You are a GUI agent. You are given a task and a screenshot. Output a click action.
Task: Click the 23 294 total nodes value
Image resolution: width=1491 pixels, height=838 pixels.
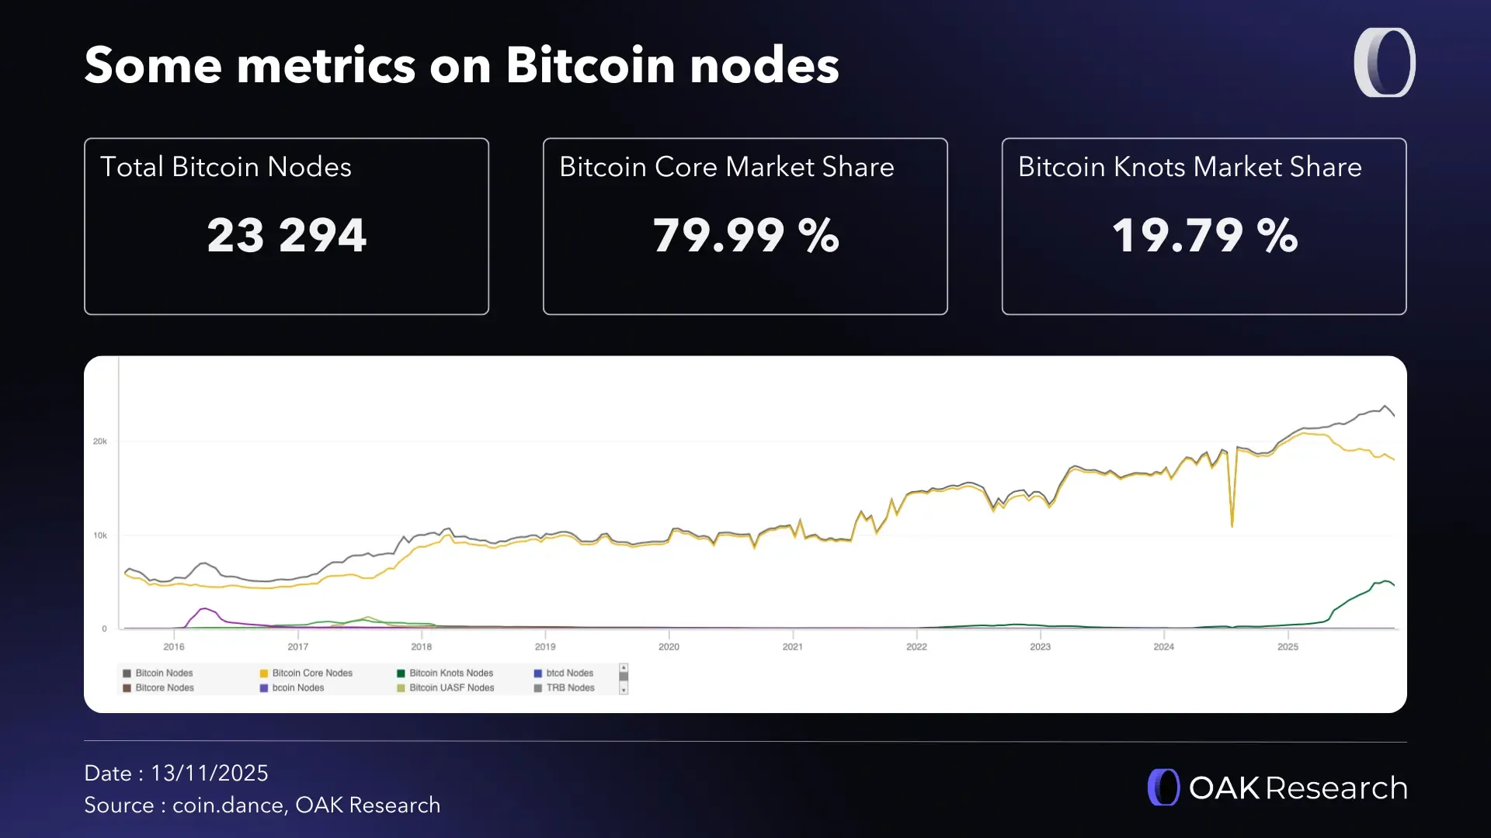(287, 235)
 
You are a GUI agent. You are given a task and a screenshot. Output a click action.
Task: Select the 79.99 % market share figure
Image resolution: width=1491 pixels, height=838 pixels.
(745, 235)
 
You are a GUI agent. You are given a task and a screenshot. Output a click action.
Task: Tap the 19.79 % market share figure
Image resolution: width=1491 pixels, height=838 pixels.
(1204, 235)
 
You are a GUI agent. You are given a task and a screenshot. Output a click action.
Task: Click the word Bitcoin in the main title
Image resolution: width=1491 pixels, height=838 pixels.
(590, 65)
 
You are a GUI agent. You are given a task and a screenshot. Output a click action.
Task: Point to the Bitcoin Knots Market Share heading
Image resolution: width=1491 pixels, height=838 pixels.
(1190, 167)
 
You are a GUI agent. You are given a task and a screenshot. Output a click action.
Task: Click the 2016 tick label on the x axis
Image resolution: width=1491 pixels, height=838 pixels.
(174, 646)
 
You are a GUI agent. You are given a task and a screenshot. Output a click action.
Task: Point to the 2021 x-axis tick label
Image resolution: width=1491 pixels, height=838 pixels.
(792, 646)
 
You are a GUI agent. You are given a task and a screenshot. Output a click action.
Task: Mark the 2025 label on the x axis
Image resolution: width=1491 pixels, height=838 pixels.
(1288, 646)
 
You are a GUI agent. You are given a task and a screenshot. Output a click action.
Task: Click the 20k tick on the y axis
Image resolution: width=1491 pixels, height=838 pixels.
(100, 442)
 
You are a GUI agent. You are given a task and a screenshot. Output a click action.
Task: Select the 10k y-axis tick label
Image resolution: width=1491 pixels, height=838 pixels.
(100, 535)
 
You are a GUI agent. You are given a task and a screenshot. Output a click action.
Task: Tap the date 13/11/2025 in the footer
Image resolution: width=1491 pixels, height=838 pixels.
(210, 773)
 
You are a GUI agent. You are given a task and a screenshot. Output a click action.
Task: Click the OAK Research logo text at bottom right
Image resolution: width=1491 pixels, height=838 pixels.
(1298, 788)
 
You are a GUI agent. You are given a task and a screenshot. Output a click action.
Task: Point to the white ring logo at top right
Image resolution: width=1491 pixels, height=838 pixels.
(1385, 63)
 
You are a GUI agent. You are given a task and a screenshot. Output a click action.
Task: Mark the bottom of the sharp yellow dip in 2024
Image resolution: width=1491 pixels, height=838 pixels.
(1232, 525)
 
